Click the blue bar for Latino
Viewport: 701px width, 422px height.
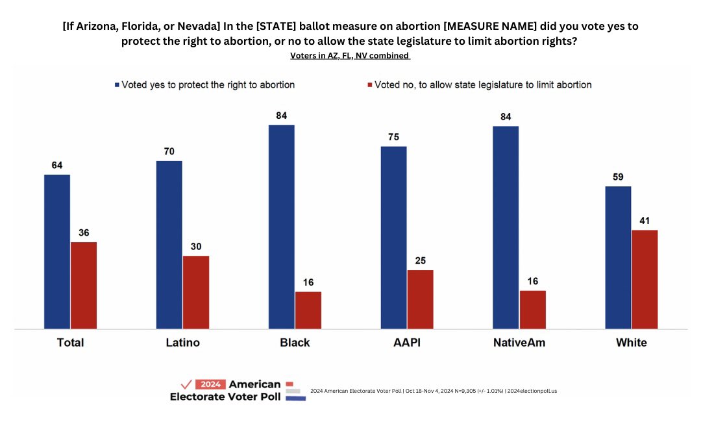(x=169, y=245)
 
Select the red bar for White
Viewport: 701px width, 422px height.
(x=645, y=279)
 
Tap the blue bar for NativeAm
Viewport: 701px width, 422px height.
(x=506, y=227)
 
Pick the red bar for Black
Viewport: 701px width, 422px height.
(x=308, y=310)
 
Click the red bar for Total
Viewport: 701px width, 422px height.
(x=84, y=286)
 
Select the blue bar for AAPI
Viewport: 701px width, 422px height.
(x=393, y=238)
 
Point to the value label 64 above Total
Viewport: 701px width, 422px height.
(x=57, y=165)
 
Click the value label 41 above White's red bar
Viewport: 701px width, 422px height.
(x=645, y=221)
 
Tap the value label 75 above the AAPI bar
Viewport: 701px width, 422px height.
(x=393, y=137)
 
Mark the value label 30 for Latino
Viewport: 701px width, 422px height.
(x=196, y=247)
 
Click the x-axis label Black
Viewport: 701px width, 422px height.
(x=295, y=343)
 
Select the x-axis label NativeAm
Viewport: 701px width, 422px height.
(x=519, y=343)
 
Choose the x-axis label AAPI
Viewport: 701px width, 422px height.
(x=406, y=343)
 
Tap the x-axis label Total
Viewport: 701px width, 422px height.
(x=70, y=343)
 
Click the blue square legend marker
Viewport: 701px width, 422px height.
(x=117, y=85)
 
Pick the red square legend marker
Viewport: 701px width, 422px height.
(x=369, y=85)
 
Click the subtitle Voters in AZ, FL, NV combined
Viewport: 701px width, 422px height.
(x=350, y=56)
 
